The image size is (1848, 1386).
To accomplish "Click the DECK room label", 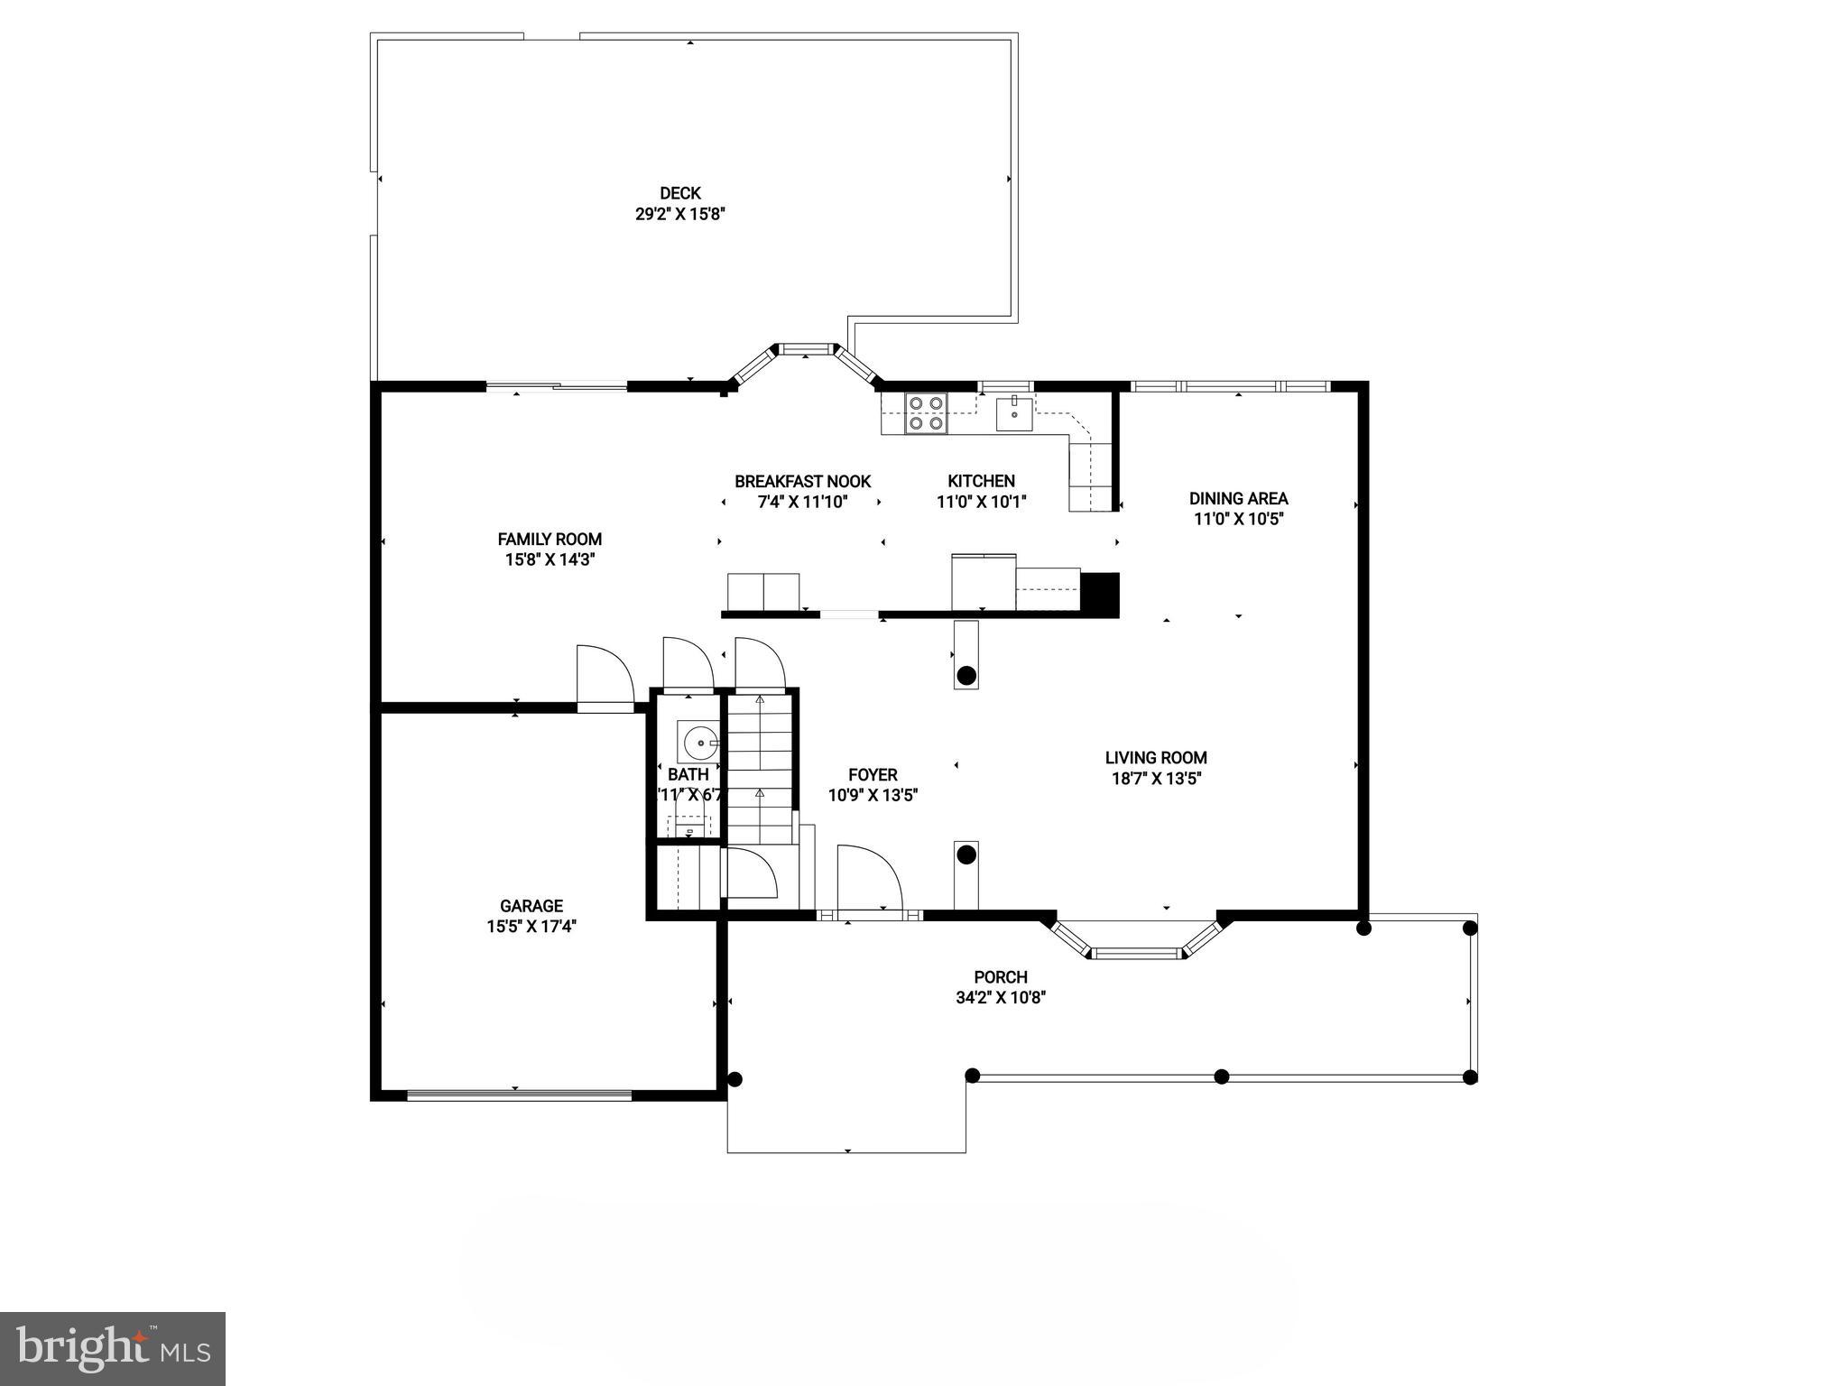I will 679,193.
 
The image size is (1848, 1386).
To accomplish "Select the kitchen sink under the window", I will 1015,414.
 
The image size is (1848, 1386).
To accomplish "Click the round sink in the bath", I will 700,743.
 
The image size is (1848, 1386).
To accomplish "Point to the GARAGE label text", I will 531,906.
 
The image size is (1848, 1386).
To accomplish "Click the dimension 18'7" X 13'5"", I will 1156,779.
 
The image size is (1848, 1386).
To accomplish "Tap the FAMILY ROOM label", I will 550,540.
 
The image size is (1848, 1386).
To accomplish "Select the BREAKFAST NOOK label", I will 802,482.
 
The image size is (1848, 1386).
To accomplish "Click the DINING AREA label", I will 1238,498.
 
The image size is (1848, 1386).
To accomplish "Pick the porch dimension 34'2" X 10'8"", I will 1001,997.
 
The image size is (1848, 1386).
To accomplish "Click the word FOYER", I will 873,774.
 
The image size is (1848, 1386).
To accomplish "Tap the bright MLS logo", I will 112,1349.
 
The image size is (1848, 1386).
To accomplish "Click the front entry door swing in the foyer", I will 868,880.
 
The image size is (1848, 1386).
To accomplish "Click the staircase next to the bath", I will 760,767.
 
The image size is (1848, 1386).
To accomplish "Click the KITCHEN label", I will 981,482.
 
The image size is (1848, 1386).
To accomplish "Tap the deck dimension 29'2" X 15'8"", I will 679,215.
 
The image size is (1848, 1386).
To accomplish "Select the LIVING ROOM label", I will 1156,758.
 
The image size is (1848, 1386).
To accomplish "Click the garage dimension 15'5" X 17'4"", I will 531,927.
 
